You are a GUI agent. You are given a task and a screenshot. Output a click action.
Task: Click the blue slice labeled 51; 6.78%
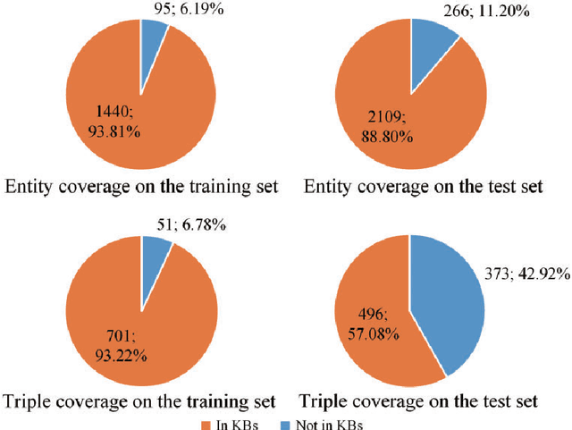click(x=154, y=257)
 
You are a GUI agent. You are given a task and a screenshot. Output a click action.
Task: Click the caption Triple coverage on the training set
click(x=139, y=402)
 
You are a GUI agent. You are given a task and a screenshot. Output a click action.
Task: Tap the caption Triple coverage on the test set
click(x=419, y=402)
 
